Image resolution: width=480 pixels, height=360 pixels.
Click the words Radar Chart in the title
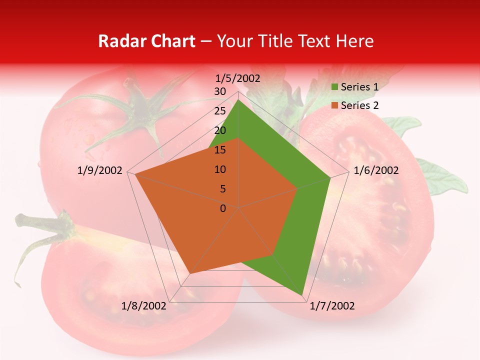click(x=146, y=41)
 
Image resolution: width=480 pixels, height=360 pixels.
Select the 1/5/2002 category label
click(x=238, y=78)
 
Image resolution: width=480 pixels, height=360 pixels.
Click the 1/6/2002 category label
click(x=376, y=170)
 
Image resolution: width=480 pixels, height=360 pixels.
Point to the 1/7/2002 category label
click(x=332, y=306)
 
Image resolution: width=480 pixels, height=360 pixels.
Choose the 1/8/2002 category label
click(x=144, y=306)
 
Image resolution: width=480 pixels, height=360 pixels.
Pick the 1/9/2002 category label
click(x=100, y=170)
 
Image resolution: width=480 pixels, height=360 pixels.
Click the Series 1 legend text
click(x=359, y=87)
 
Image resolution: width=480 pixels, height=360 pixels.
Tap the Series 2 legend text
click(x=359, y=105)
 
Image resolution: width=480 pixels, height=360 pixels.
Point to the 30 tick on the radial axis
click(x=220, y=91)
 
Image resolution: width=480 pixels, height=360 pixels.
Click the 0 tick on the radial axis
click(x=223, y=208)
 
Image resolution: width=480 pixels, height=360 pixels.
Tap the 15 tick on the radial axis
click(x=220, y=150)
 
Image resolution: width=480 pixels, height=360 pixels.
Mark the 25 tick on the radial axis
click(x=220, y=111)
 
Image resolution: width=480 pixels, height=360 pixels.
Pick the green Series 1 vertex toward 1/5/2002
click(x=238, y=99)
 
